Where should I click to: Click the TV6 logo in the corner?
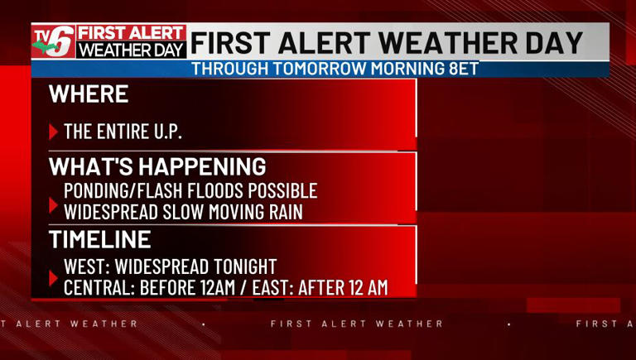[53, 41]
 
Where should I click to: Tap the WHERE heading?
[89, 94]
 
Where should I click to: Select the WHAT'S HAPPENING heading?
[157, 166]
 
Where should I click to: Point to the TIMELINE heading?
[99, 240]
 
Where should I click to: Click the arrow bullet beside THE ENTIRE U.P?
[54, 132]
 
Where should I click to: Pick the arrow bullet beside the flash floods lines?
[54, 202]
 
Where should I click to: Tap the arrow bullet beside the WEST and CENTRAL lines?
[54, 277]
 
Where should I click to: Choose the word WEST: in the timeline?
[89, 267]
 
